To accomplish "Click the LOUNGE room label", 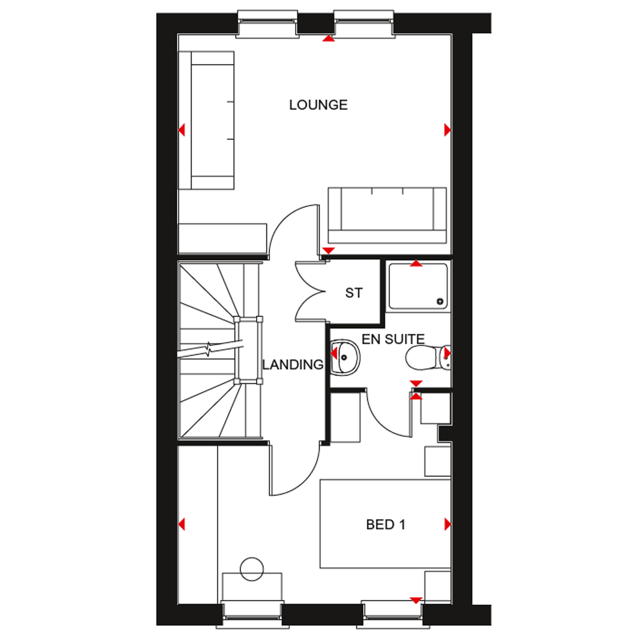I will (318, 105).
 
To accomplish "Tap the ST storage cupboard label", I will (354, 293).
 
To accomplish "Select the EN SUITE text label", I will (393, 339).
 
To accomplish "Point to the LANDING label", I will (293, 365).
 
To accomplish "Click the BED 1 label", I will (385, 525).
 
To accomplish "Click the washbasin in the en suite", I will (345, 358).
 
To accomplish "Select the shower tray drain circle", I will (440, 301).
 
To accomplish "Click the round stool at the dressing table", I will (252, 569).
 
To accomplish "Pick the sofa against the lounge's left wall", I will (207, 121).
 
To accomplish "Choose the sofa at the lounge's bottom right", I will (387, 215).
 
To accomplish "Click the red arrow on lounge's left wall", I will (182, 130).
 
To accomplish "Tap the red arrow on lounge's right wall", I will (447, 130).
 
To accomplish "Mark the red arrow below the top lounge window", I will (328, 39).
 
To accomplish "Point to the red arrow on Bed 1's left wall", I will (182, 524).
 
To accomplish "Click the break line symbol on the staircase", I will (208, 349).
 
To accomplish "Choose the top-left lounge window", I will (267, 24).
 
